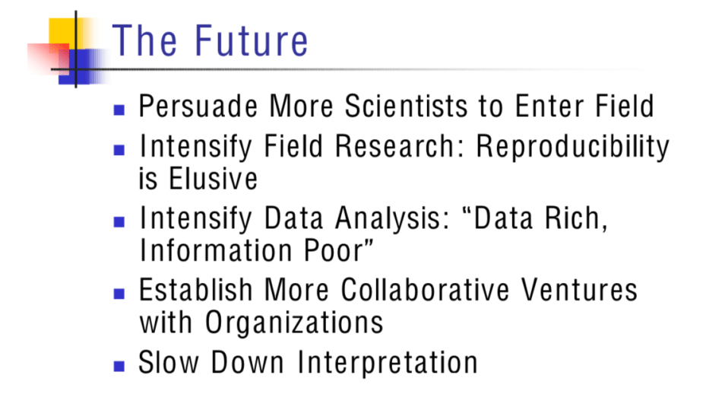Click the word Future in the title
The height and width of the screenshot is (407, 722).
251,41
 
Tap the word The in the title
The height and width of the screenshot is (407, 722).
144,41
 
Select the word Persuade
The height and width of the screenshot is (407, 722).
198,106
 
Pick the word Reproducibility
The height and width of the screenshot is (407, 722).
572,148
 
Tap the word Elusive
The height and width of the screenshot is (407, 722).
214,178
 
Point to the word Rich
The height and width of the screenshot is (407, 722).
576,218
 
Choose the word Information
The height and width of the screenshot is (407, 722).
217,250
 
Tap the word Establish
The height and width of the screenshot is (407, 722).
195,290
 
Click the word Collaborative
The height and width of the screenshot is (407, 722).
425,290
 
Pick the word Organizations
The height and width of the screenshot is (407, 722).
294,323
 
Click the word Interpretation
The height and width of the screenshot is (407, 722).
388,363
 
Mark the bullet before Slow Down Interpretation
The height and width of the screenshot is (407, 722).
119,366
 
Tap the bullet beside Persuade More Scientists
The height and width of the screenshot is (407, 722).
119,110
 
